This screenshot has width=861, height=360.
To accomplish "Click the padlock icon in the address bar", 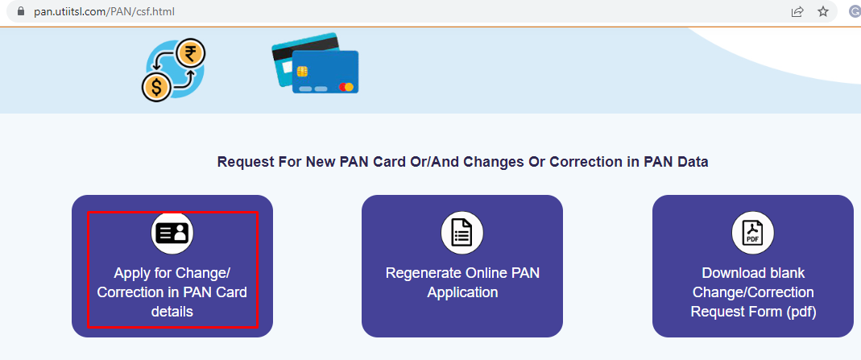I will tap(12, 12).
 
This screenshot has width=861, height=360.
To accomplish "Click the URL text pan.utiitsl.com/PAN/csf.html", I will tap(104, 12).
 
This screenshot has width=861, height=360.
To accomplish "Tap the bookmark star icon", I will tap(822, 12).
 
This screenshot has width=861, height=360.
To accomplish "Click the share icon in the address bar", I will tap(797, 12).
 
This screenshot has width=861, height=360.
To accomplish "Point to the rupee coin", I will tap(190, 55).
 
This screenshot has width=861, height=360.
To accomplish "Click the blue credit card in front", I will tap(325, 72).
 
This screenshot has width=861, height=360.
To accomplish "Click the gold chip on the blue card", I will tap(303, 72).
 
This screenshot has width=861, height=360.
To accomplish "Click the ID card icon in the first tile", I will tap(172, 234).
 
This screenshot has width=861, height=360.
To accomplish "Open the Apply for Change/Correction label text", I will tap(172, 292).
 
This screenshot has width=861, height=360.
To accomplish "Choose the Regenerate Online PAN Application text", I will tap(462, 283).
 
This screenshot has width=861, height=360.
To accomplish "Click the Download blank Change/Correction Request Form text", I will tap(751, 292).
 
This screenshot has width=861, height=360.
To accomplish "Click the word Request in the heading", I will tap(244, 162).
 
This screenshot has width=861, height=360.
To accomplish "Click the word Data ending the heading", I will tap(692, 162).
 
